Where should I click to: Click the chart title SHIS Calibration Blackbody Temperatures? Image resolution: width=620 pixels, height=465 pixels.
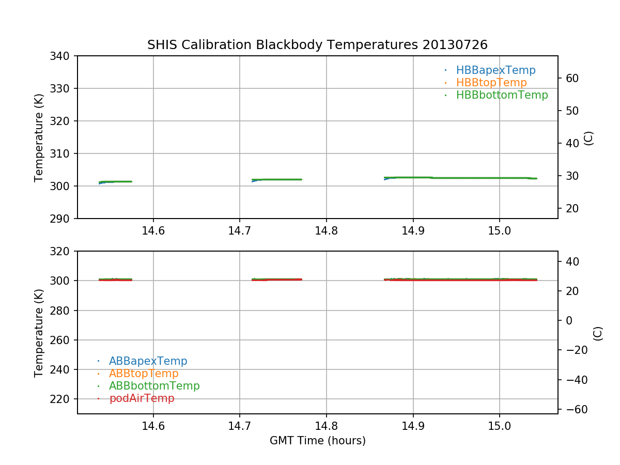point(317,45)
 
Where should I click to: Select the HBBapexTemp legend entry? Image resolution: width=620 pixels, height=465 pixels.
point(495,70)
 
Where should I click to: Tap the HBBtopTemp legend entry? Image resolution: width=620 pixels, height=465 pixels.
point(491,83)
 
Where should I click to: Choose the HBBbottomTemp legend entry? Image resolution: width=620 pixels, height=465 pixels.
point(502,95)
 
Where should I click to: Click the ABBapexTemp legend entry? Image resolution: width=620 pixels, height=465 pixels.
point(148,361)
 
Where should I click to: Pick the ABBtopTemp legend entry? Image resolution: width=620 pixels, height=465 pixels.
point(144,374)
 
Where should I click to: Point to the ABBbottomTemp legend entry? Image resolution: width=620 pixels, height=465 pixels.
point(154,386)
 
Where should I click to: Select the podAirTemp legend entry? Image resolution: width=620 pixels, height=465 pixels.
point(142,398)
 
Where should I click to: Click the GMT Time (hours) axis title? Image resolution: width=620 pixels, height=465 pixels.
point(317,441)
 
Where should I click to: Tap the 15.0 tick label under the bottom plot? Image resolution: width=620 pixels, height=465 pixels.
point(499,426)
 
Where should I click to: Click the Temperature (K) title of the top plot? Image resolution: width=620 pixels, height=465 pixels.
point(39,137)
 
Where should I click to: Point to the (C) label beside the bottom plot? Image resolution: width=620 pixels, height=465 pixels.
point(598,333)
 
